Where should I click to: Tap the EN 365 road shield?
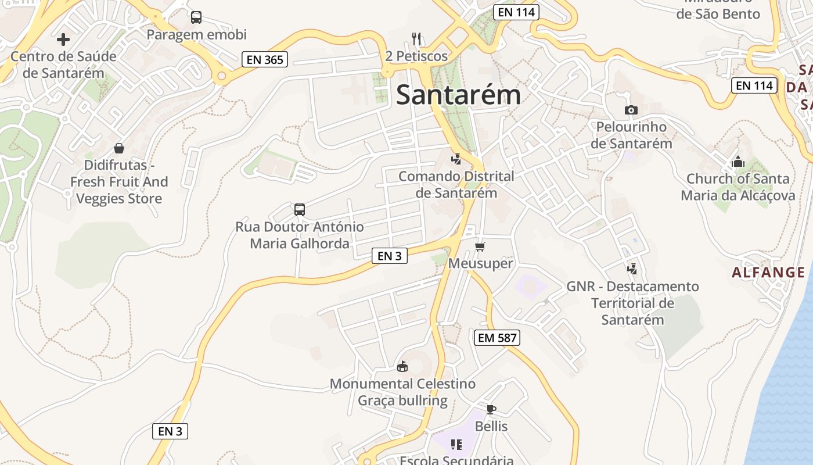click(265, 59)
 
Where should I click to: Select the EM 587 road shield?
click(497, 338)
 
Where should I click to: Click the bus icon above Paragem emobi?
click(196, 17)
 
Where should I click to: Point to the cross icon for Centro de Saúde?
click(63, 40)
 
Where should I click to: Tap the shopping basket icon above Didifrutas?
click(119, 148)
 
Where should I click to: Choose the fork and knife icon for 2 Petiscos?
click(416, 39)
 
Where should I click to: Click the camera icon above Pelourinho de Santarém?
click(631, 110)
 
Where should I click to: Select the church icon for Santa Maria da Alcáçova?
click(738, 162)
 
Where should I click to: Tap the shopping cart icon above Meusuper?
click(480, 247)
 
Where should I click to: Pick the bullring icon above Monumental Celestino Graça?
click(402, 366)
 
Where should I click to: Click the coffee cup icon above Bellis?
click(491, 409)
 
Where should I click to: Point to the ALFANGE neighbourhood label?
click(768, 273)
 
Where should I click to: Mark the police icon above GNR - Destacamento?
click(632, 269)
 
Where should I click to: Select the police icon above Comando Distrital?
click(456, 159)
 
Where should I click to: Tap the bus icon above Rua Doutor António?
click(300, 210)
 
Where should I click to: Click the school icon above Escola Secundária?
click(456, 445)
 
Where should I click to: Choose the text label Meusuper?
click(480, 264)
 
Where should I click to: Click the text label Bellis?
click(491, 427)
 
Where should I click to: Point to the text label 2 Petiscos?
click(416, 56)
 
